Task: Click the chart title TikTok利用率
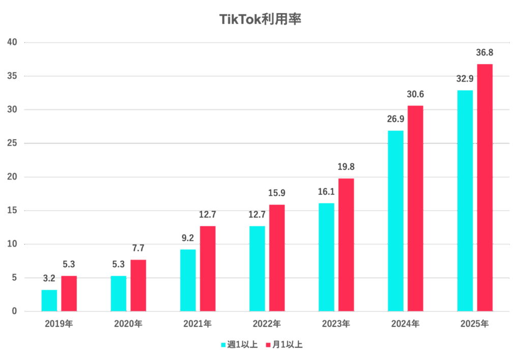(260, 19)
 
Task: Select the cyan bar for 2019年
(49, 300)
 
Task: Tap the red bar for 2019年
(69, 293)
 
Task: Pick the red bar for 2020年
(138, 285)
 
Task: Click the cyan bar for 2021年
(188, 280)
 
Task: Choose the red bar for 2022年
(277, 257)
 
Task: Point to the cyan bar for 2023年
(326, 257)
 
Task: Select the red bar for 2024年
(415, 208)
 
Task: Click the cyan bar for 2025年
(465, 200)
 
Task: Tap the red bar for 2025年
(484, 187)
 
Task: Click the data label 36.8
(484, 52)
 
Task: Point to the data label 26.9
(395, 119)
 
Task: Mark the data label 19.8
(346, 167)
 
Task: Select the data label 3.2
(49, 278)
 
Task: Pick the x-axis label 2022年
(267, 323)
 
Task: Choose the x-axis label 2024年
(405, 323)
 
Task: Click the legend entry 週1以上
(239, 345)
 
